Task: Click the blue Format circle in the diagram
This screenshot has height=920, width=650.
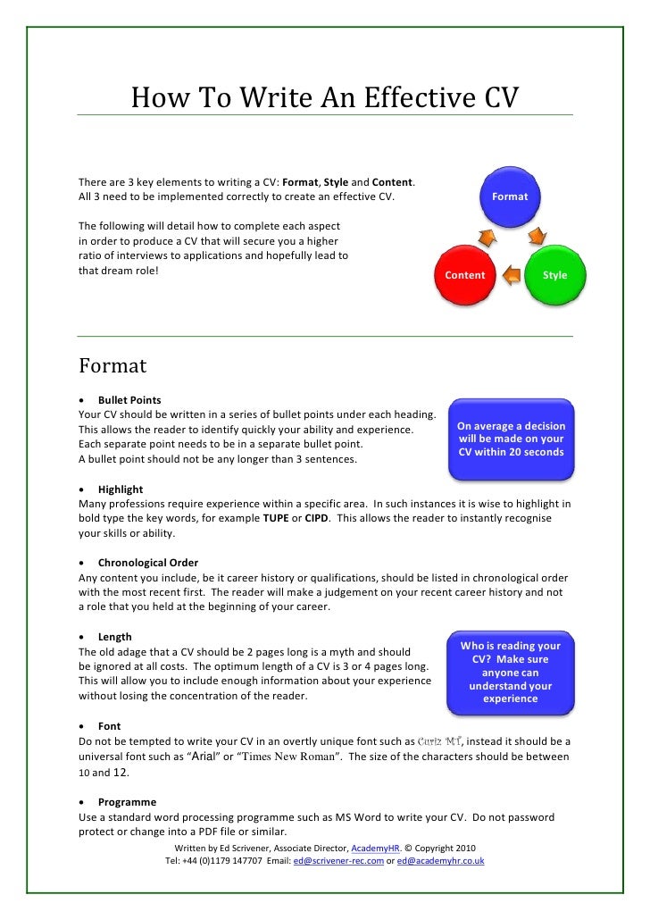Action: click(x=510, y=197)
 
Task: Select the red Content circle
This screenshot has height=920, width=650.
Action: click(x=465, y=275)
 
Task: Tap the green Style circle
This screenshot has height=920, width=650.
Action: click(x=554, y=275)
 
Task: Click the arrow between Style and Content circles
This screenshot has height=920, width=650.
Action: click(x=510, y=276)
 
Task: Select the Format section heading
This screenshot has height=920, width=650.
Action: click(x=112, y=366)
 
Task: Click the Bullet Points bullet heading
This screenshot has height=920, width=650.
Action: click(x=129, y=400)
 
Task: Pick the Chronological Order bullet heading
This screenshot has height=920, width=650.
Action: click(x=148, y=563)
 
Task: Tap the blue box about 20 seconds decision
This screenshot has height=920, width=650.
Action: click(x=511, y=439)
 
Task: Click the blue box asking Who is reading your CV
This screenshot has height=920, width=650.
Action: click(x=511, y=672)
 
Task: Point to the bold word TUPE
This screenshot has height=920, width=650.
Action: click(x=270, y=518)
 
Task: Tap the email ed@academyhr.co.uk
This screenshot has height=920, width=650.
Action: click(x=440, y=861)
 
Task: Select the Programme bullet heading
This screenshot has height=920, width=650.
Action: click(x=127, y=802)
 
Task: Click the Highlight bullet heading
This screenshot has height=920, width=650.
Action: click(x=121, y=489)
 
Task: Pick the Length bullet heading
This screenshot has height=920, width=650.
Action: click(x=115, y=637)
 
